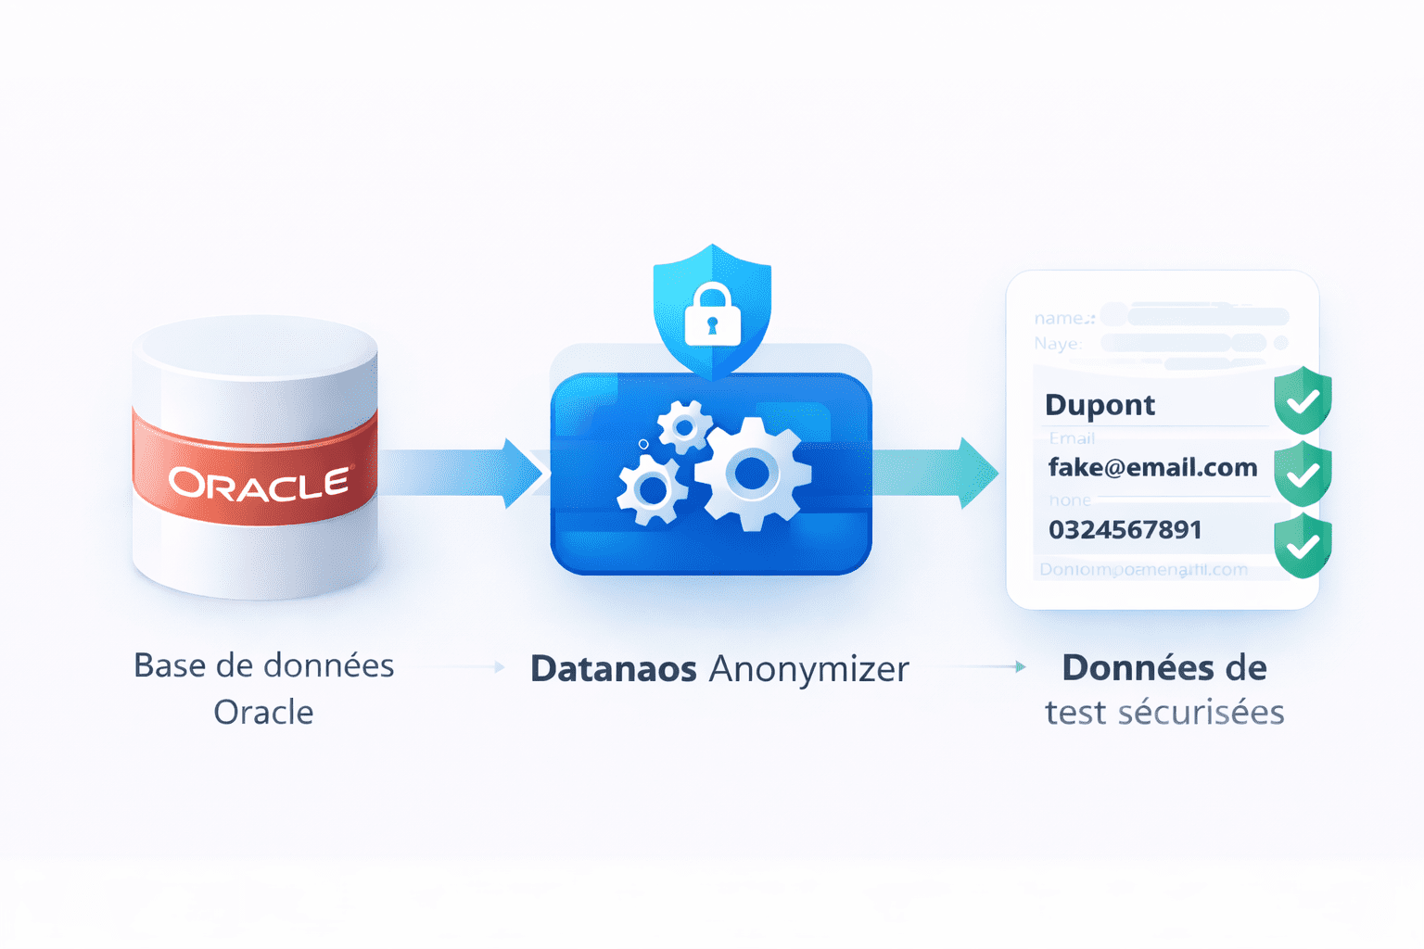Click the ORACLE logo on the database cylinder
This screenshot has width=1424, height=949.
pos(259,483)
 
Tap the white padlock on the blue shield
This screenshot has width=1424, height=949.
pos(712,316)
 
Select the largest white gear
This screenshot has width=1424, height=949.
pos(753,474)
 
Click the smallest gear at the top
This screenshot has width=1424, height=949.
pos(684,427)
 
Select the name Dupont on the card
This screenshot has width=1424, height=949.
pos(1100,405)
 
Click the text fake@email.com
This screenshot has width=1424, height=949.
pos(1152,467)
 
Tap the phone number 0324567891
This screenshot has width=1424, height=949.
pos(1125,529)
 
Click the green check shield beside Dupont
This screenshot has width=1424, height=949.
pos(1303,400)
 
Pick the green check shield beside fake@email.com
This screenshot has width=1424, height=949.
pos(1303,474)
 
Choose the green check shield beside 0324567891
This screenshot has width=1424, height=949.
pos(1303,546)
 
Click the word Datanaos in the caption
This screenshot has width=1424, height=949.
pos(613,669)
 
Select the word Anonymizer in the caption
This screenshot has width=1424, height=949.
pos(808,669)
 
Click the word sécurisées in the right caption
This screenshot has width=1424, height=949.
pos(1201,712)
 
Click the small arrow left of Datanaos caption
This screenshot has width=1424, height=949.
pos(498,666)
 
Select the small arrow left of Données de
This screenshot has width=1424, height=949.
pos(1018,666)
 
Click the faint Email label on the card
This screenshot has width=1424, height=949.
pos(1072,437)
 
